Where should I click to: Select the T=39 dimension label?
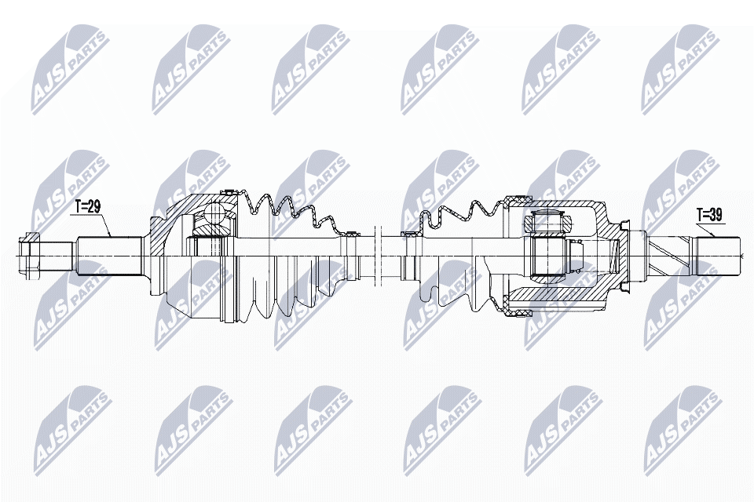pyautogui.click(x=709, y=213)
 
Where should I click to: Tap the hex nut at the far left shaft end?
pyautogui.click(x=30, y=253)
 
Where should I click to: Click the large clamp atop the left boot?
pyautogui.click(x=229, y=191)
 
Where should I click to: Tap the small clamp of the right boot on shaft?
pyautogui.click(x=408, y=233)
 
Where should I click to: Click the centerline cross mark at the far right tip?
pyautogui.click(x=741, y=254)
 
